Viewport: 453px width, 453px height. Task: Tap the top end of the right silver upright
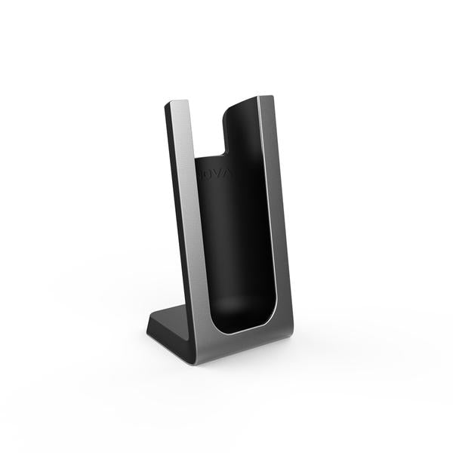click(265, 98)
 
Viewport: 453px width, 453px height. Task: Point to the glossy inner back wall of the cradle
click(242, 226)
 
